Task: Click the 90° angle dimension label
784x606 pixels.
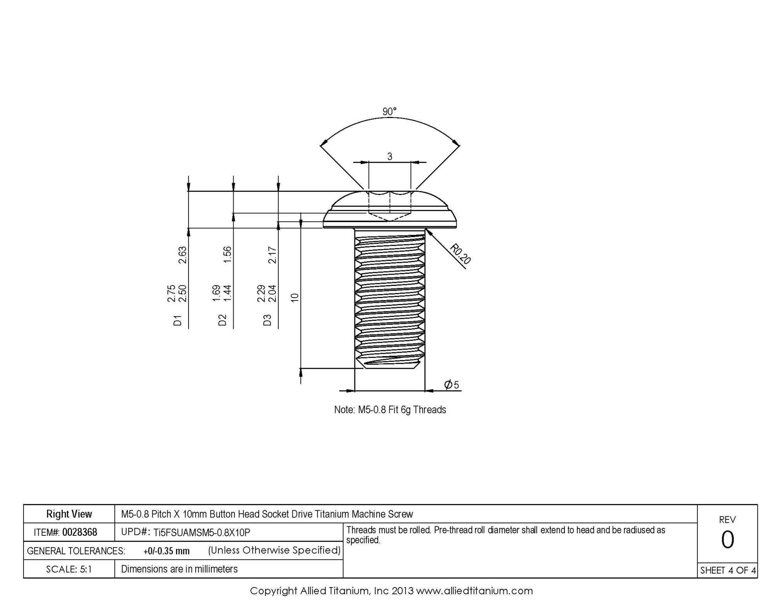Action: [x=389, y=112]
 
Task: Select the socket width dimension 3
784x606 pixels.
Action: [x=390, y=157]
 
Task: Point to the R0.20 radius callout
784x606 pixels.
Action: [x=460, y=254]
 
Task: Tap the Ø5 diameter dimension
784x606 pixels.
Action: [x=452, y=384]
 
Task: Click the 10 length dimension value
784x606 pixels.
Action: [x=295, y=298]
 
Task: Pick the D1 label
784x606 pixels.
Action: [x=178, y=320]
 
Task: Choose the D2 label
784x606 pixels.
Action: [x=223, y=320]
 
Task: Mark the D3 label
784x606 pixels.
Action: [x=267, y=320]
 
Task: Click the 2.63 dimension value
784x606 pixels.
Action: [x=183, y=255]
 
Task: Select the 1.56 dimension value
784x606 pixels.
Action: [x=227, y=255]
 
